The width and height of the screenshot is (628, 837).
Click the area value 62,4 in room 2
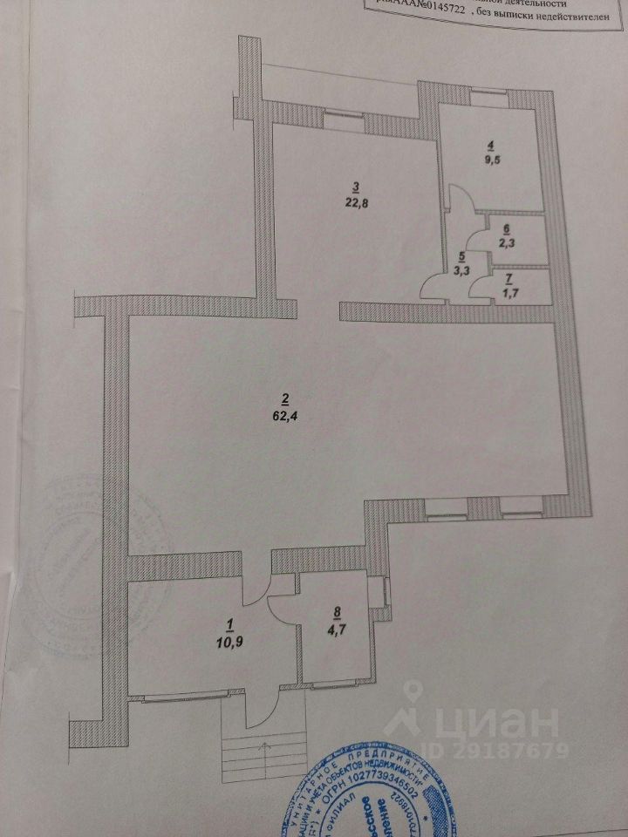(284, 414)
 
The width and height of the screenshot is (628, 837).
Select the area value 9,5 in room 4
(492, 160)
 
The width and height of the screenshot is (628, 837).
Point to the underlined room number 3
(355, 186)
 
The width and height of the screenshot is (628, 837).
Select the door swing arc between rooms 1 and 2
(251, 584)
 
